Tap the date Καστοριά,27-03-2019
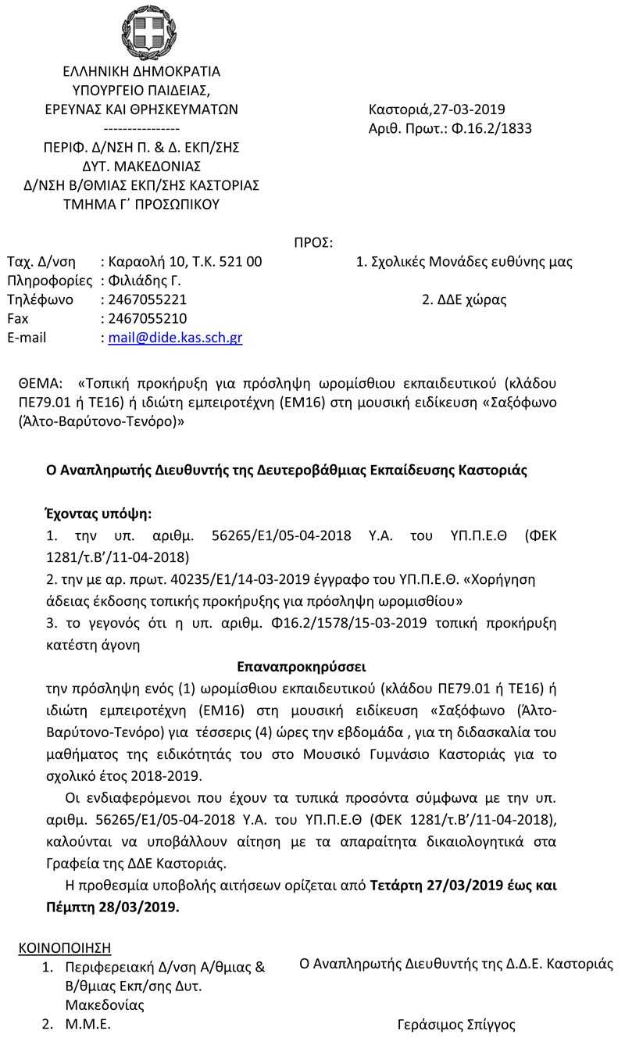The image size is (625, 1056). (x=437, y=109)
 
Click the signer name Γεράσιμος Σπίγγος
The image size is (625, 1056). (x=456, y=1025)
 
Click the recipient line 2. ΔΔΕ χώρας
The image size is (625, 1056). (x=463, y=300)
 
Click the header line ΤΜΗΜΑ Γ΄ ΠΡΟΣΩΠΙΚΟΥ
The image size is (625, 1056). (x=141, y=204)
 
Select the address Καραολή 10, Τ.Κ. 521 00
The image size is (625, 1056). (x=185, y=262)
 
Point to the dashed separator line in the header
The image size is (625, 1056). (x=141, y=128)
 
